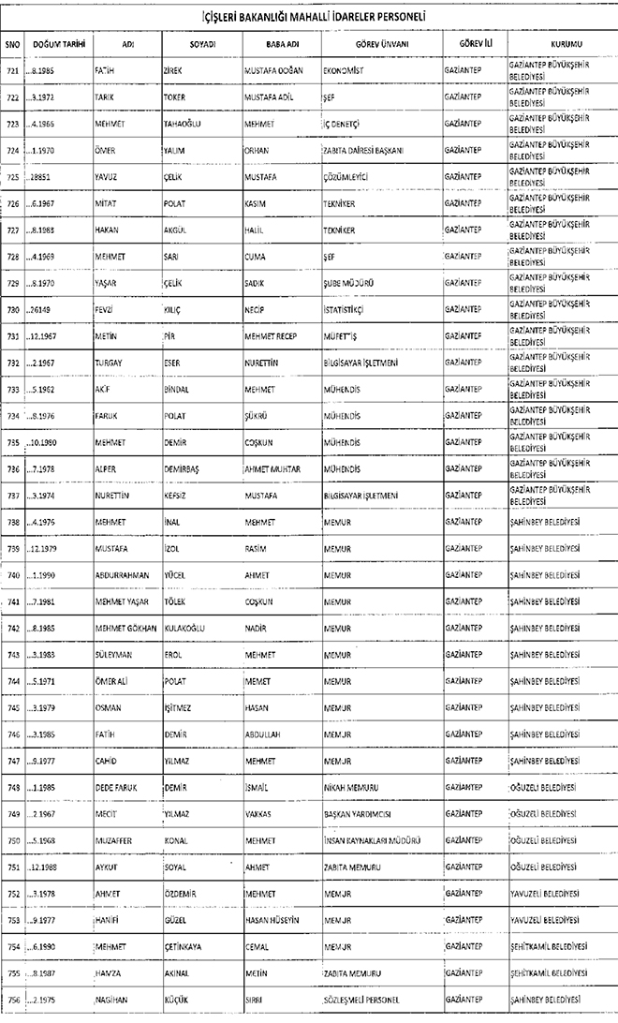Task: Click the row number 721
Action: [12, 70]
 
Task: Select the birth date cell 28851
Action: [39, 176]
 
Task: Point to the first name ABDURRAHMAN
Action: [122, 574]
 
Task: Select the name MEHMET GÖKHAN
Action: [125, 628]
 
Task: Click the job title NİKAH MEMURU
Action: [353, 787]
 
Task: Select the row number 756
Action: [12, 1001]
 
